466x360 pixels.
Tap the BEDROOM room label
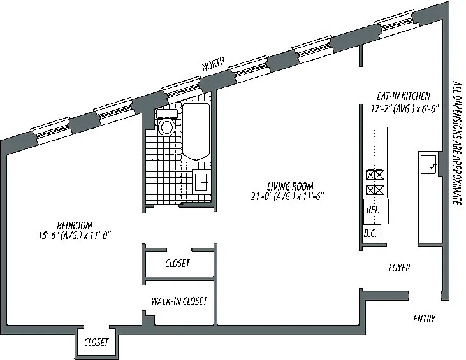tap(75, 226)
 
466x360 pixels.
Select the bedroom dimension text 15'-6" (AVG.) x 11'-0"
tap(75, 236)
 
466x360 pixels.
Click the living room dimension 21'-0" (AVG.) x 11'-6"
tap(288, 196)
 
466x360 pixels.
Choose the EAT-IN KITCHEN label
tap(399, 97)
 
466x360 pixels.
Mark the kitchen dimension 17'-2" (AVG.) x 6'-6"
tap(399, 108)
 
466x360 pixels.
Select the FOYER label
tap(399, 268)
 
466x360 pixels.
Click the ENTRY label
tap(424, 319)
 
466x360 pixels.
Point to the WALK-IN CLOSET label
tap(178, 301)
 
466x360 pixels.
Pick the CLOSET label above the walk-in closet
tap(177, 264)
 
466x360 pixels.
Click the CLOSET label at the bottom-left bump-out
tap(96, 343)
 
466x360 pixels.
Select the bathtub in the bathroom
tap(196, 134)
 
